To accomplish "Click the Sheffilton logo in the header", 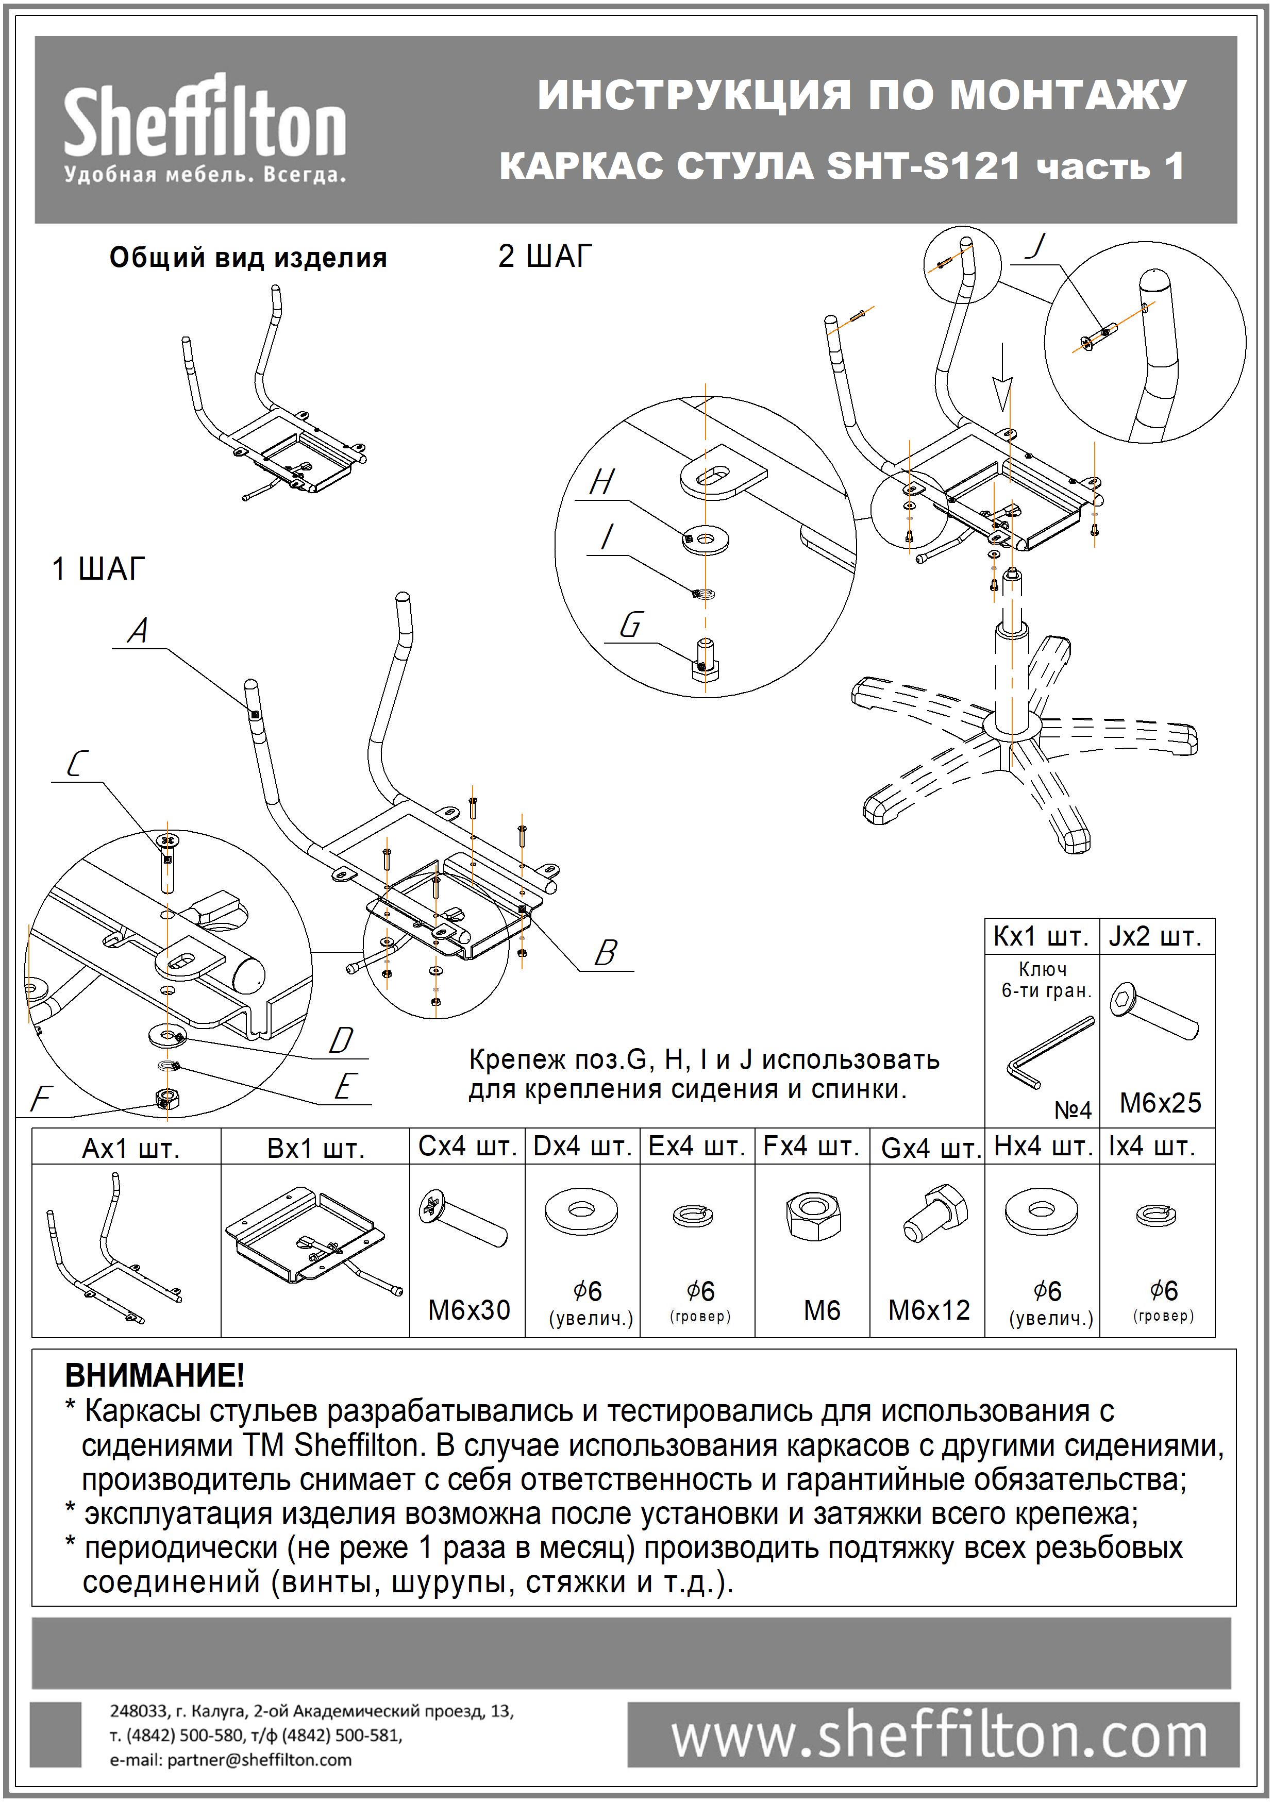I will (x=204, y=129).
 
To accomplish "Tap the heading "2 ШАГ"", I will (x=545, y=257).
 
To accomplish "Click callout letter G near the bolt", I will (x=630, y=626).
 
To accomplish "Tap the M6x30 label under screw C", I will (x=468, y=1310).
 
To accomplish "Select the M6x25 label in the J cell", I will (x=1160, y=1103).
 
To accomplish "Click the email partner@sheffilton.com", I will (x=231, y=1760).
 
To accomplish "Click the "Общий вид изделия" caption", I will (x=248, y=258).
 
